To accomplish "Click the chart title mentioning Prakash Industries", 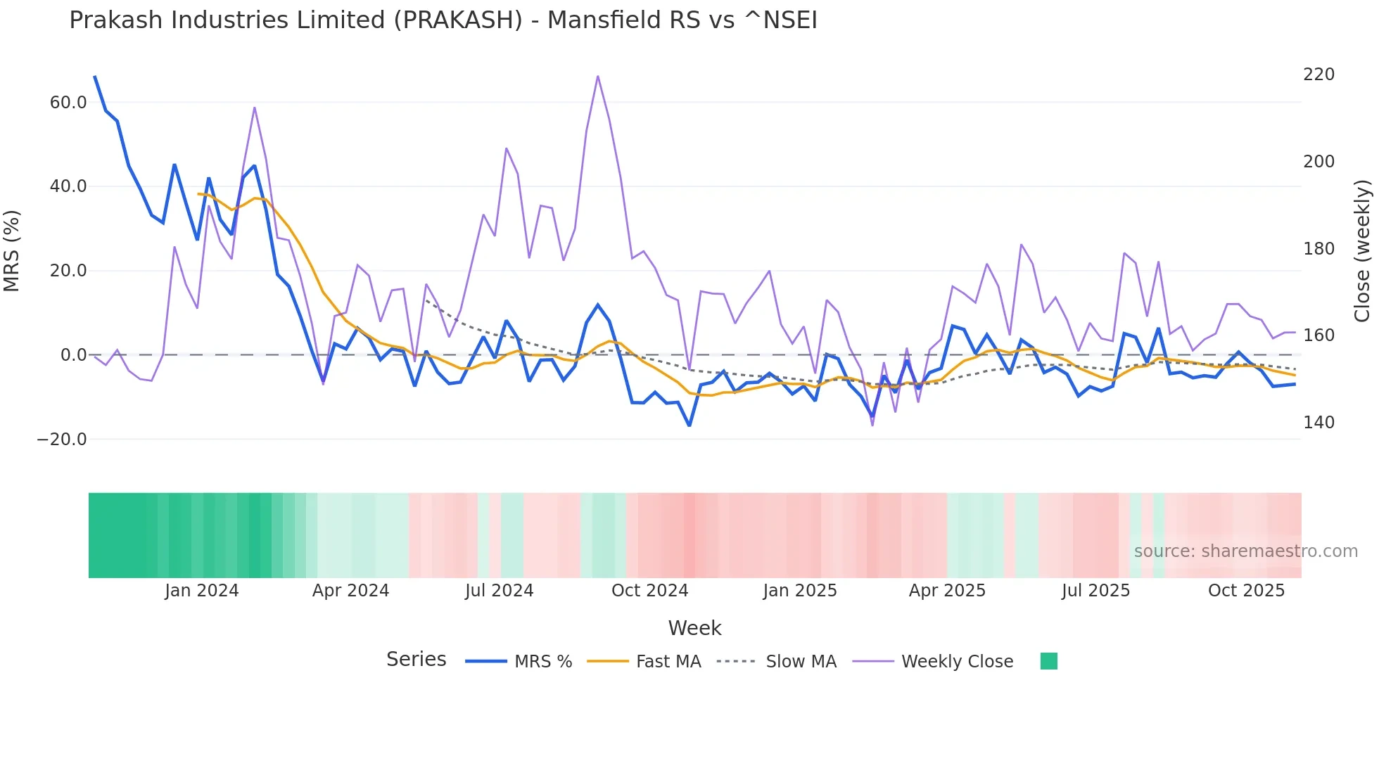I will point(443,20).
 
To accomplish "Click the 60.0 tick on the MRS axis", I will point(68,103).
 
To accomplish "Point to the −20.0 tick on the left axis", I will point(62,440).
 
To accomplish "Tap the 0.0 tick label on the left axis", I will point(73,355).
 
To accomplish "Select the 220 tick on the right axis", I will point(1318,75).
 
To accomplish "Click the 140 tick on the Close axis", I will point(1318,423).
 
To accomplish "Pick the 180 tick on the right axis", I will point(1318,249).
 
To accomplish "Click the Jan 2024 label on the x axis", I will point(202,591).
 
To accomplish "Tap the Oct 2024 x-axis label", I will point(649,591).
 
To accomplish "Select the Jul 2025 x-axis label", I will point(1095,591).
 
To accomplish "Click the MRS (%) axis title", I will point(12,251).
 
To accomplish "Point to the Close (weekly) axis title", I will point(1362,251).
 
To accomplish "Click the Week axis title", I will point(694,628).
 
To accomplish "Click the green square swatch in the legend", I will point(1048,661).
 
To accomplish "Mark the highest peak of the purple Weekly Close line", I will point(598,76).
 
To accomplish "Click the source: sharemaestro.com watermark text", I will point(1245,551).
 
